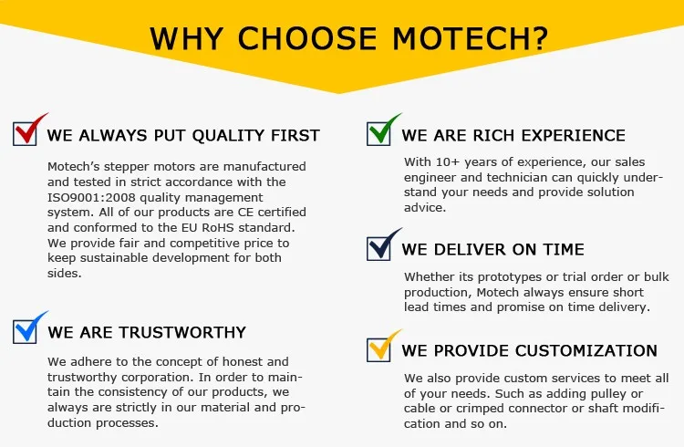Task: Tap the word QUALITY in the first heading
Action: [228, 136]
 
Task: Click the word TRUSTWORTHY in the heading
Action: [182, 332]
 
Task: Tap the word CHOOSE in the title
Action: [306, 38]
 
